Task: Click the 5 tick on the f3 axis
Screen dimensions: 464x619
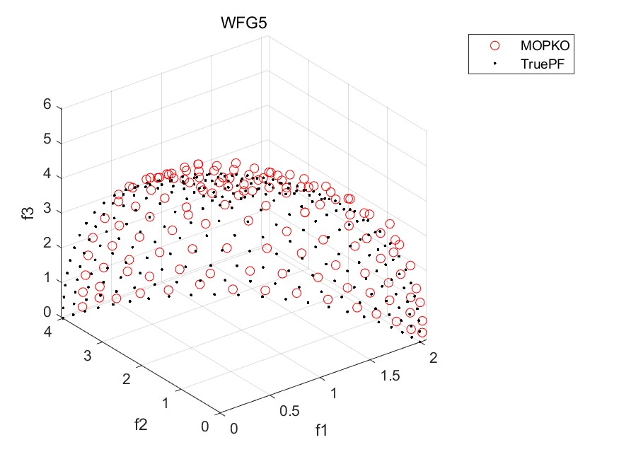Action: pos(47,139)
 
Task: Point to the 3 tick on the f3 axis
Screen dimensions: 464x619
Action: pos(47,209)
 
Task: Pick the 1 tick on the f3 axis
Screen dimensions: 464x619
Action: pos(47,278)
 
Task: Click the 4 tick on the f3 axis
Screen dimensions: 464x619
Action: pos(47,174)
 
